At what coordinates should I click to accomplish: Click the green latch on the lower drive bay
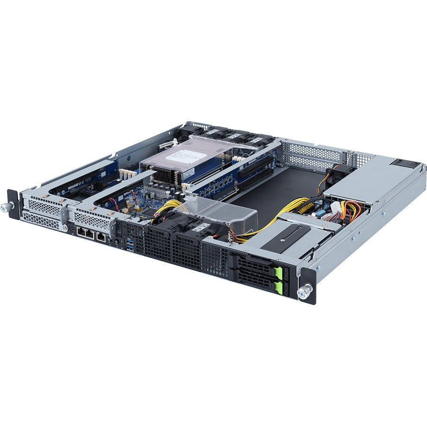pos(284,287)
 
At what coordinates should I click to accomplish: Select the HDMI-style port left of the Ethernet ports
pos(71,229)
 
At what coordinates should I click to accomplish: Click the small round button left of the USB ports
pos(116,241)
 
